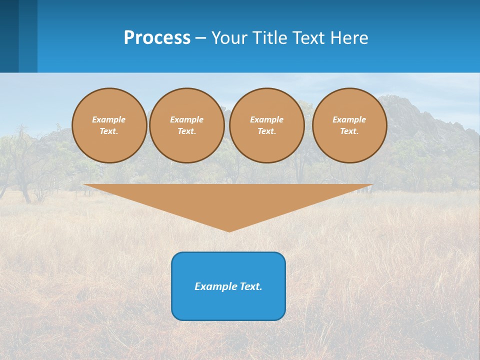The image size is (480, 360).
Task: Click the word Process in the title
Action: point(157,38)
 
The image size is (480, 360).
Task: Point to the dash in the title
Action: point(201,38)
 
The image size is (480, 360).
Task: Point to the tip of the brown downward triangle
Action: point(229,230)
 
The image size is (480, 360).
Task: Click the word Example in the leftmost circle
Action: point(109,119)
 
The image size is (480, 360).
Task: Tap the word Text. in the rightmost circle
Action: point(349,131)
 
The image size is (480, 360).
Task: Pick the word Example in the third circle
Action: point(266,119)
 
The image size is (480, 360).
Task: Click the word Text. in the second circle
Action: point(187,131)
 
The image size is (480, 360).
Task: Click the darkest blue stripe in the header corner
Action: point(9,36)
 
